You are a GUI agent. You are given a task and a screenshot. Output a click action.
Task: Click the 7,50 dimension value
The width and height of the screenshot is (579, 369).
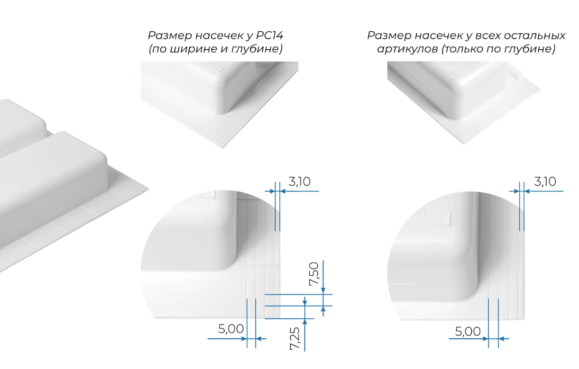pos(314,275)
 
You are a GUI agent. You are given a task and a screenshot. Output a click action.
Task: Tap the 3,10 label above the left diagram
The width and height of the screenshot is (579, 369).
pos(302,181)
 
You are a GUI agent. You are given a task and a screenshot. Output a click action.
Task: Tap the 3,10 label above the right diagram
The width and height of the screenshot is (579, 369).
pos(546,181)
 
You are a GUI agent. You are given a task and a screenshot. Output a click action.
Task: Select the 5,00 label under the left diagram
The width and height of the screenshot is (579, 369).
pos(231,329)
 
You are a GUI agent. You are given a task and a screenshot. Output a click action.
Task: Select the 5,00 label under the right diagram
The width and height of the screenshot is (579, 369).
pos(468,331)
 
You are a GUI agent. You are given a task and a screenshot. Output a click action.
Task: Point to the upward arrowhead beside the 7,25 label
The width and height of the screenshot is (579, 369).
pos(304,322)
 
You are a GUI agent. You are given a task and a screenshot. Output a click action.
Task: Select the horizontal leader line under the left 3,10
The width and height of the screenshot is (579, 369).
pos(300,191)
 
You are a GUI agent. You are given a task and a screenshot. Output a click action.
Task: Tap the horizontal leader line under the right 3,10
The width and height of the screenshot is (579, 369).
pos(544,191)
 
